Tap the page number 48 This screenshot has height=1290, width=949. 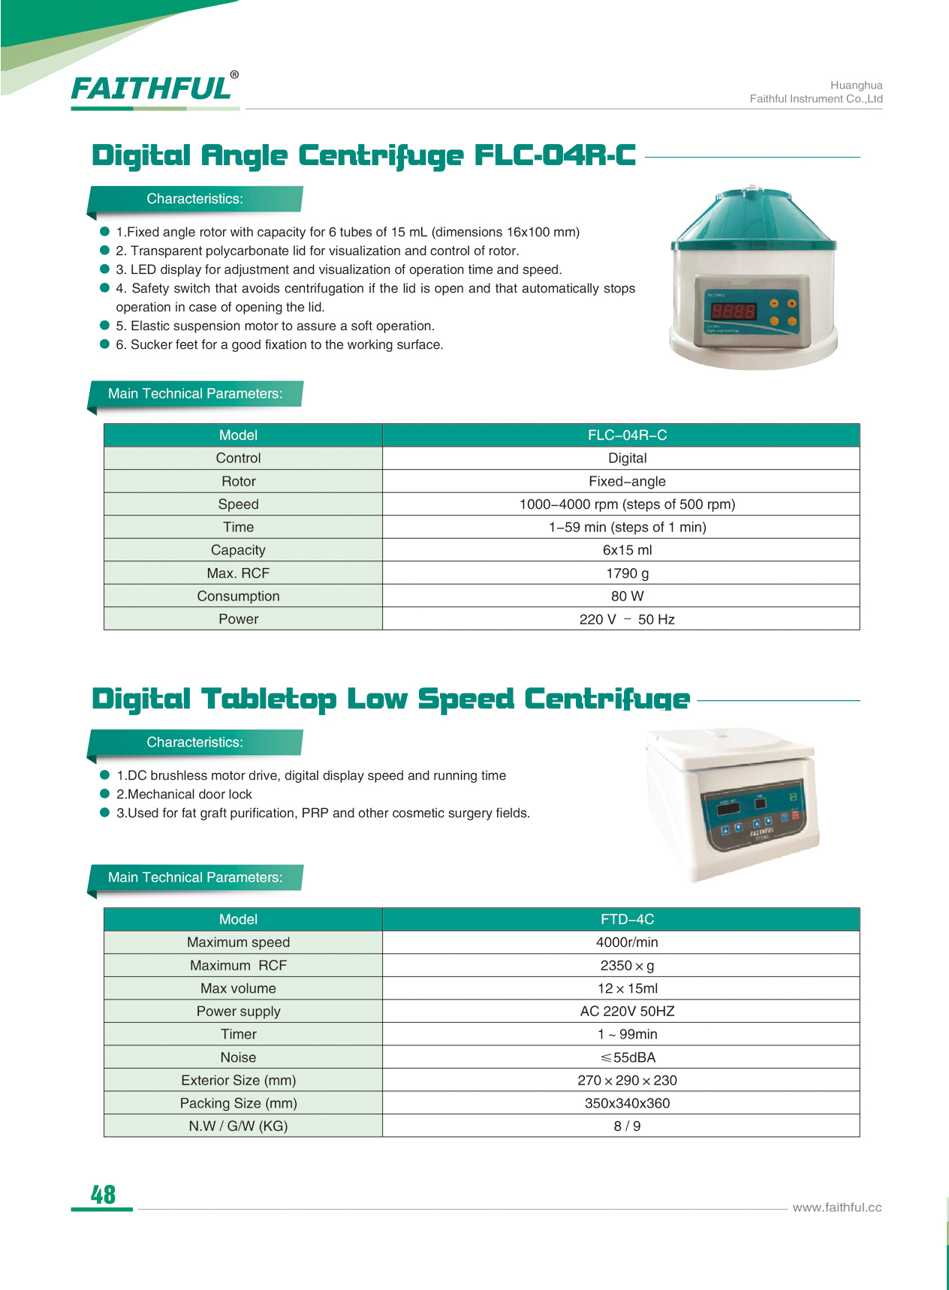click(x=103, y=1194)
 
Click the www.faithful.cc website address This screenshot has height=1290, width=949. click(x=836, y=1207)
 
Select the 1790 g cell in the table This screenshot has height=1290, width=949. click(x=627, y=573)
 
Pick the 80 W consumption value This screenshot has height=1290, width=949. click(x=627, y=597)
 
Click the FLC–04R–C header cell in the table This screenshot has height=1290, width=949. click(x=627, y=435)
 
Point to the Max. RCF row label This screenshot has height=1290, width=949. click(x=238, y=573)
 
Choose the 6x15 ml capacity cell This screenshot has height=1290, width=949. click(x=627, y=550)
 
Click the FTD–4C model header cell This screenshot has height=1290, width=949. click(x=627, y=919)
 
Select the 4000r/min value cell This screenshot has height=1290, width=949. click(x=627, y=943)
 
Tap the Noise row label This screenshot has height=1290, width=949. click(x=238, y=1057)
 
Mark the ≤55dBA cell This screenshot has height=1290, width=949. click(x=627, y=1057)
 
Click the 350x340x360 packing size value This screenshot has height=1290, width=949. click(x=627, y=1103)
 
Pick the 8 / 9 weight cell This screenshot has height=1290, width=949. click(x=627, y=1126)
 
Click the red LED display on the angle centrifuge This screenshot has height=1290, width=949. click(x=733, y=311)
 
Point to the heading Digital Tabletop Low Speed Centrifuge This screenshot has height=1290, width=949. click(x=390, y=699)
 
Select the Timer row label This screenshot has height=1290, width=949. click(x=238, y=1034)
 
